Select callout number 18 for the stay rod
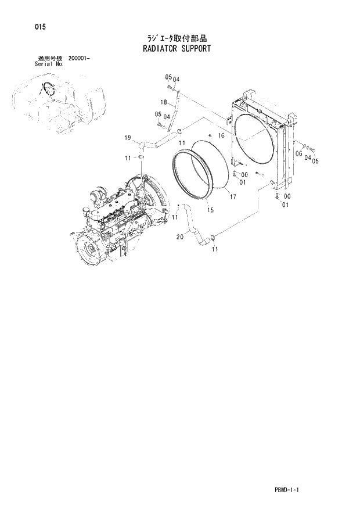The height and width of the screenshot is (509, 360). click(x=164, y=103)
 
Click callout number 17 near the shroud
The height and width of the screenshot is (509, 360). click(x=232, y=197)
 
